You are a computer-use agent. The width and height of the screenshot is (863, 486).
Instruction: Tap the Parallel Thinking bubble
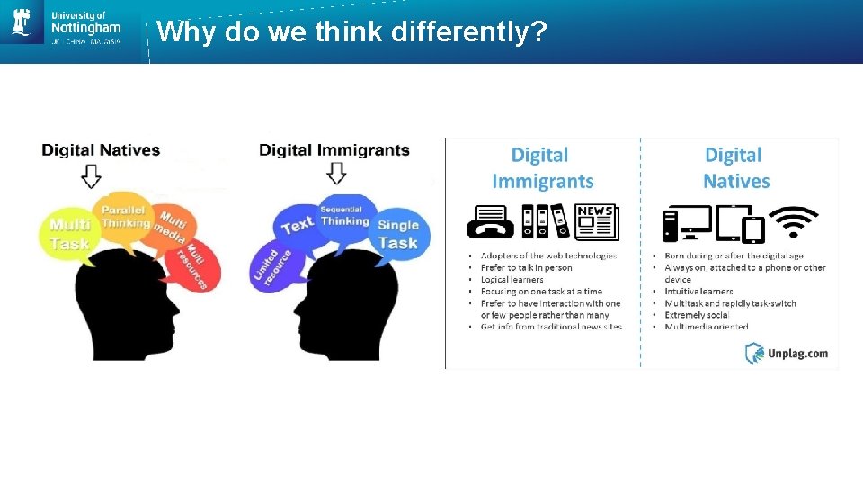pyautogui.click(x=125, y=216)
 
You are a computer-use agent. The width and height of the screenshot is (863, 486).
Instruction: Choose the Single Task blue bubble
pyautogui.click(x=397, y=234)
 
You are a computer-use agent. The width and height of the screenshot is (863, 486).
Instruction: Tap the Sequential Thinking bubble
pyautogui.click(x=344, y=214)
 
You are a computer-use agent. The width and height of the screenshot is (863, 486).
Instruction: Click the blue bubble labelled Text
pyautogui.click(x=298, y=224)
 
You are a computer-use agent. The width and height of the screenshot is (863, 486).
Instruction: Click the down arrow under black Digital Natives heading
pyautogui.click(x=91, y=175)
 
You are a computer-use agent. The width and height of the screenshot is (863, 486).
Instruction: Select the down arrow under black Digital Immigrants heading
pyautogui.click(x=335, y=173)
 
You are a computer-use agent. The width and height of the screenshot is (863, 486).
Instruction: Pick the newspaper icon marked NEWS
pyautogui.click(x=596, y=221)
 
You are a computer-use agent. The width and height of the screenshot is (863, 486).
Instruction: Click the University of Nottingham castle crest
pyautogui.click(x=22, y=22)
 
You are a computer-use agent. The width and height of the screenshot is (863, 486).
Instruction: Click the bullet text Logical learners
pyautogui.click(x=512, y=280)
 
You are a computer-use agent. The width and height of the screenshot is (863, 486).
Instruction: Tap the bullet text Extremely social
pyautogui.click(x=697, y=316)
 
